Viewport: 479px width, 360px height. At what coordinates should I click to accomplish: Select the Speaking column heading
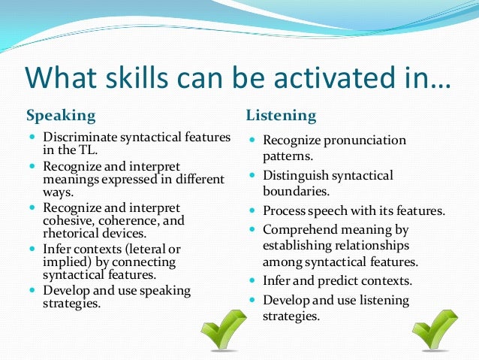coord(61,116)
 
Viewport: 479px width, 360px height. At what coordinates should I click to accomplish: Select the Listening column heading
coord(282,116)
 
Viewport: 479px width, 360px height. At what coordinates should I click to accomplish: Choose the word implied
coord(64,262)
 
